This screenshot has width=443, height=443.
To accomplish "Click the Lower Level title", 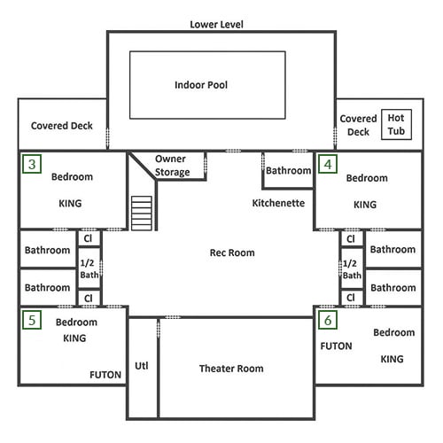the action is click(x=216, y=25).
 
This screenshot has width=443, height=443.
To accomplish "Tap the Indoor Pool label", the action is click(x=201, y=85).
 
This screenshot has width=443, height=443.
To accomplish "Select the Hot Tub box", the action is click(x=396, y=125).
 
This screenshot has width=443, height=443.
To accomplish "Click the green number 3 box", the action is click(x=32, y=164).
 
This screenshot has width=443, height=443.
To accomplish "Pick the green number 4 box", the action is click(x=328, y=164).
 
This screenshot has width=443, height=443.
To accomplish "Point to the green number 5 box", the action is click(x=32, y=320).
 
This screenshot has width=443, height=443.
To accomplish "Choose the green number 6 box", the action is click(x=328, y=320).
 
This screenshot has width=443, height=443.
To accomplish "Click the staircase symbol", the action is click(x=142, y=214).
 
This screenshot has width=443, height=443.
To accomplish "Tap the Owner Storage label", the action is click(x=172, y=166).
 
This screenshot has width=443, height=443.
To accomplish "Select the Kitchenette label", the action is click(x=278, y=203).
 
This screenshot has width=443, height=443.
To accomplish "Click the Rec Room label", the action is click(x=232, y=253).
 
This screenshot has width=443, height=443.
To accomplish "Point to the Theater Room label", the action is click(x=231, y=369).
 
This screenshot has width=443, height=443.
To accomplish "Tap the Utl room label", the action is click(x=142, y=366).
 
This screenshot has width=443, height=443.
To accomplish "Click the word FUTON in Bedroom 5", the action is click(x=105, y=375).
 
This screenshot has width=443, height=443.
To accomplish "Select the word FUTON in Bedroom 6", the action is click(x=336, y=346).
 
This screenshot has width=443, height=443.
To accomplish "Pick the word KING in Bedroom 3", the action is click(x=70, y=204).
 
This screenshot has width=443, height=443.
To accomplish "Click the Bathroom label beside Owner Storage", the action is click(x=288, y=171).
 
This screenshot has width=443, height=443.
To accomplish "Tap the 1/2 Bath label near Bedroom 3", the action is click(x=89, y=268).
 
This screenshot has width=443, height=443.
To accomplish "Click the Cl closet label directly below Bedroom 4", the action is click(x=351, y=238).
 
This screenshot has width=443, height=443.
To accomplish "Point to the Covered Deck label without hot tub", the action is click(x=62, y=126).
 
